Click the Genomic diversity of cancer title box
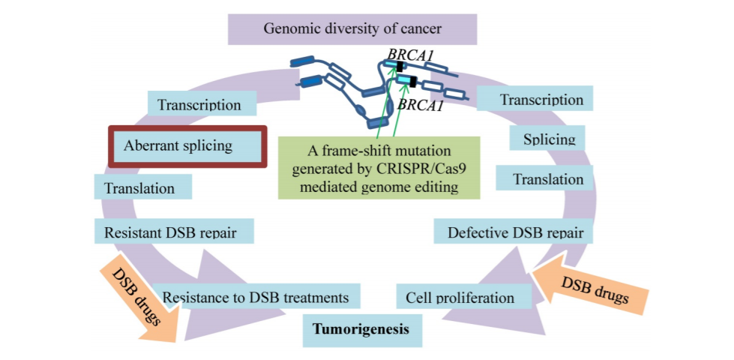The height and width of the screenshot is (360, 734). point(352,29)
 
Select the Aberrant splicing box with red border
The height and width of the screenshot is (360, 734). point(187,145)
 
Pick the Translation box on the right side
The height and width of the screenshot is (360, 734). point(548,179)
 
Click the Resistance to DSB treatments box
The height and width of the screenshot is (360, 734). point(256,297)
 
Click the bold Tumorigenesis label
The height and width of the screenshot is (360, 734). point(362,328)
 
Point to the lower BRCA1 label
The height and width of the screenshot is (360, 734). point(421,105)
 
